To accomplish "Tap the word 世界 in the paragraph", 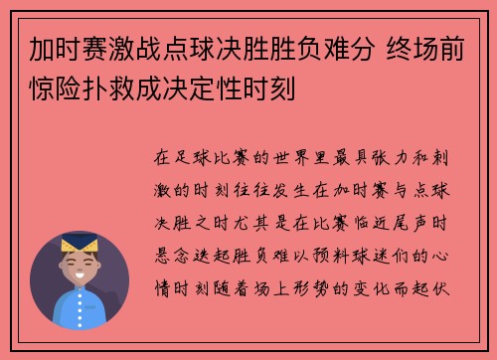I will [x=286, y=157].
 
